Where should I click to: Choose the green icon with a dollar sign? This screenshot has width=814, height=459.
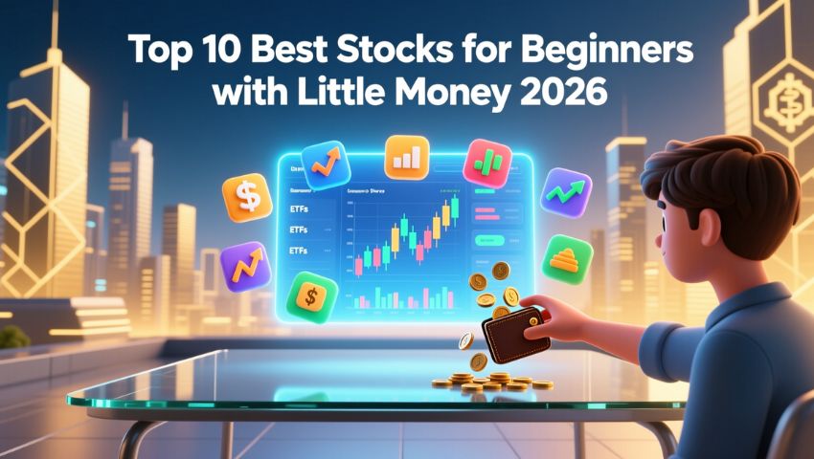tap(312, 297)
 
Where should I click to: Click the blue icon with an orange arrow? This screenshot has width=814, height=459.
tap(327, 164)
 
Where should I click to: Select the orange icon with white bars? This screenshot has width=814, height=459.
tap(406, 158)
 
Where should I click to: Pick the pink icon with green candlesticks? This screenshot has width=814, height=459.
tap(487, 163)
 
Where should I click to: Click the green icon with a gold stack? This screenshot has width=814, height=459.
tap(567, 259)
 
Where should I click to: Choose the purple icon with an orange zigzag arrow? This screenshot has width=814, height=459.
tap(247, 267)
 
